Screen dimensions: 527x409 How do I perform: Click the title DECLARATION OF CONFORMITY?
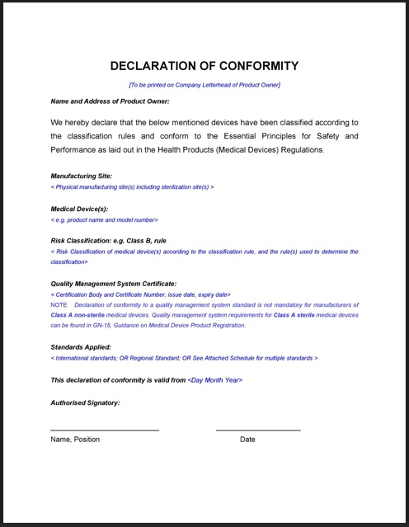pos(204,66)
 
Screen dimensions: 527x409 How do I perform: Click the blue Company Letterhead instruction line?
pos(204,85)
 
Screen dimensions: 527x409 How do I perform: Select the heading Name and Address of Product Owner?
pos(110,101)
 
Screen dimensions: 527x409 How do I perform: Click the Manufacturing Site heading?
pos(81,176)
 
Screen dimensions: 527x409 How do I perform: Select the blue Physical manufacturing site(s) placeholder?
pos(132,187)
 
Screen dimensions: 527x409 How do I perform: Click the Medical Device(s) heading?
pos(79,209)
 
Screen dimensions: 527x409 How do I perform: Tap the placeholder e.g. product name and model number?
pos(104,220)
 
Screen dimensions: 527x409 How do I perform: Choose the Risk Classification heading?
pos(108,241)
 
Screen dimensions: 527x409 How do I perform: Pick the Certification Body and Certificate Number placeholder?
pos(140,294)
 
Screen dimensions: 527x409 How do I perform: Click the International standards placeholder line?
pos(184,358)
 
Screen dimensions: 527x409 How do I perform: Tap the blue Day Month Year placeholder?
pos(215,380)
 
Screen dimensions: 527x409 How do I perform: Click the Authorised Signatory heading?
pos(85,402)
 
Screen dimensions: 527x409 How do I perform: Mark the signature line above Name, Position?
pos(105,430)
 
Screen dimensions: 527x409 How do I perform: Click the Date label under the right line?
pos(247,440)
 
